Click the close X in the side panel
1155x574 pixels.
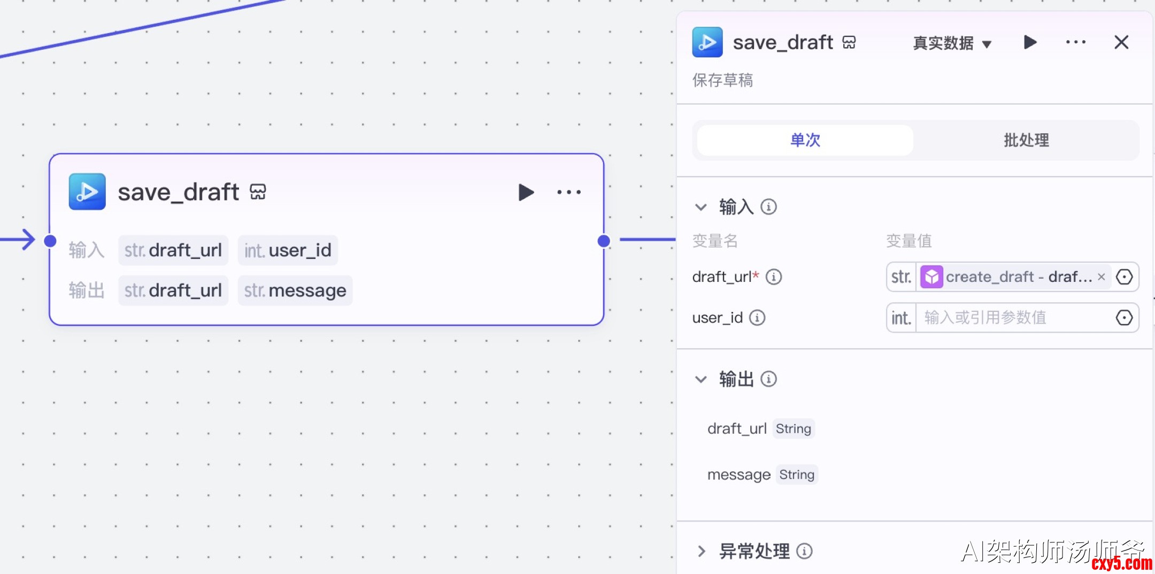point(1121,42)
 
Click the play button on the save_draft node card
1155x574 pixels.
point(526,192)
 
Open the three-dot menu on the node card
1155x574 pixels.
point(569,192)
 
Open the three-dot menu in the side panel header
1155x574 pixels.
point(1075,42)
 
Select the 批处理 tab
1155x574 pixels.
point(1026,140)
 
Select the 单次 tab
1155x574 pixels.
point(805,140)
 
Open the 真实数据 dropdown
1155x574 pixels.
point(952,43)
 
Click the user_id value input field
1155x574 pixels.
point(1013,318)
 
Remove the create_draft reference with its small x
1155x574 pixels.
point(1102,277)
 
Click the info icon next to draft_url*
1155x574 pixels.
point(774,277)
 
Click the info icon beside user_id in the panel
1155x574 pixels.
point(757,318)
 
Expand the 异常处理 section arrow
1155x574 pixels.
point(702,551)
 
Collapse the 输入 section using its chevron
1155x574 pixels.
point(701,207)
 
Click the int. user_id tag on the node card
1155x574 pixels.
point(288,250)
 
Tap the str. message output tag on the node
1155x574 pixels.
point(295,290)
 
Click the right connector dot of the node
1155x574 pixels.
point(604,241)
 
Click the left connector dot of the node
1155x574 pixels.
point(50,241)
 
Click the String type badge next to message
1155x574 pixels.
point(797,474)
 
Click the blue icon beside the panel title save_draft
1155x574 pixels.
point(707,42)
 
